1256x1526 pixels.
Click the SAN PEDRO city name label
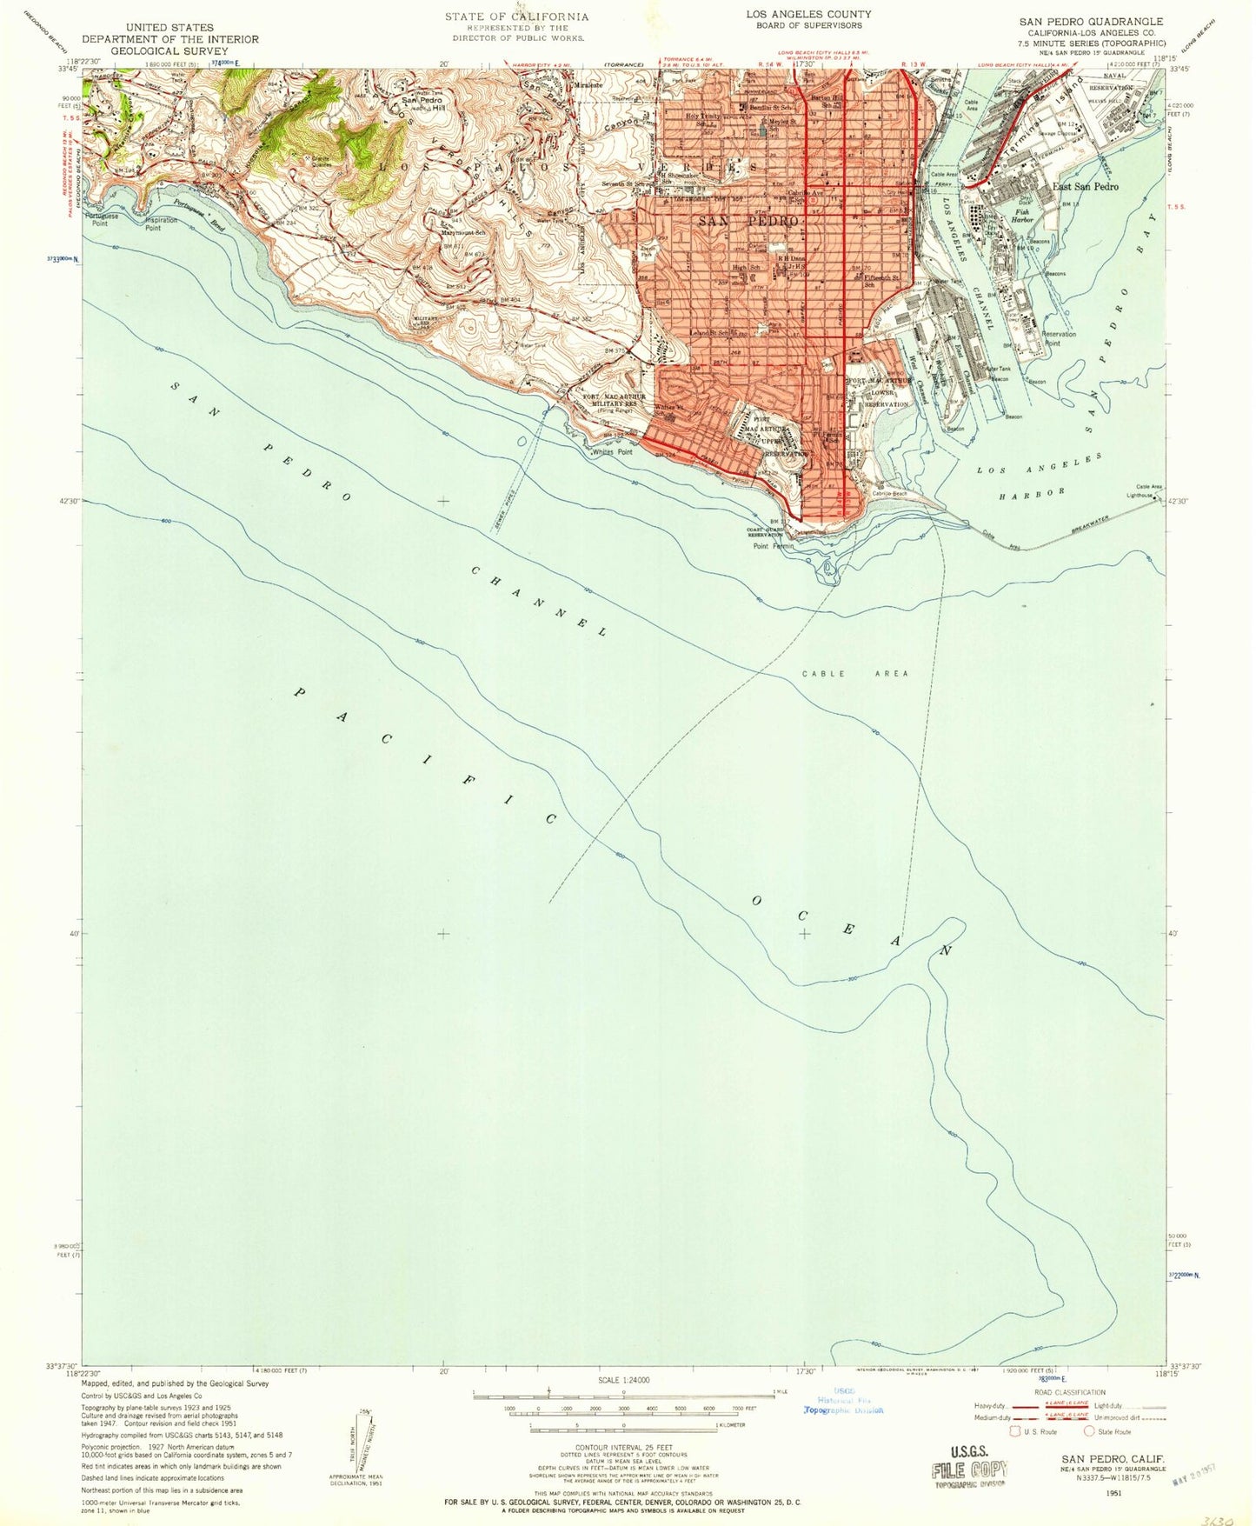tap(748, 222)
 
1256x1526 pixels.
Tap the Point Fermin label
tap(773, 546)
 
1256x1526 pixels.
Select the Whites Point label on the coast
tap(611, 452)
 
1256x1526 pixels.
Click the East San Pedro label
tap(1085, 187)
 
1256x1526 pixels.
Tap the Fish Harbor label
tap(1022, 216)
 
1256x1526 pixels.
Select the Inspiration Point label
tap(162, 224)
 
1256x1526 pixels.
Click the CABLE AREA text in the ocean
tap(854, 673)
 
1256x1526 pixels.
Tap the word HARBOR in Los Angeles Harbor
tap(1032, 493)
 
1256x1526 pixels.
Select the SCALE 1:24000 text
tap(623, 1380)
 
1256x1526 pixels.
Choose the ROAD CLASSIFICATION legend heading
tap(1069, 1392)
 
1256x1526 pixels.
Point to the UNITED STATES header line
tap(169, 28)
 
